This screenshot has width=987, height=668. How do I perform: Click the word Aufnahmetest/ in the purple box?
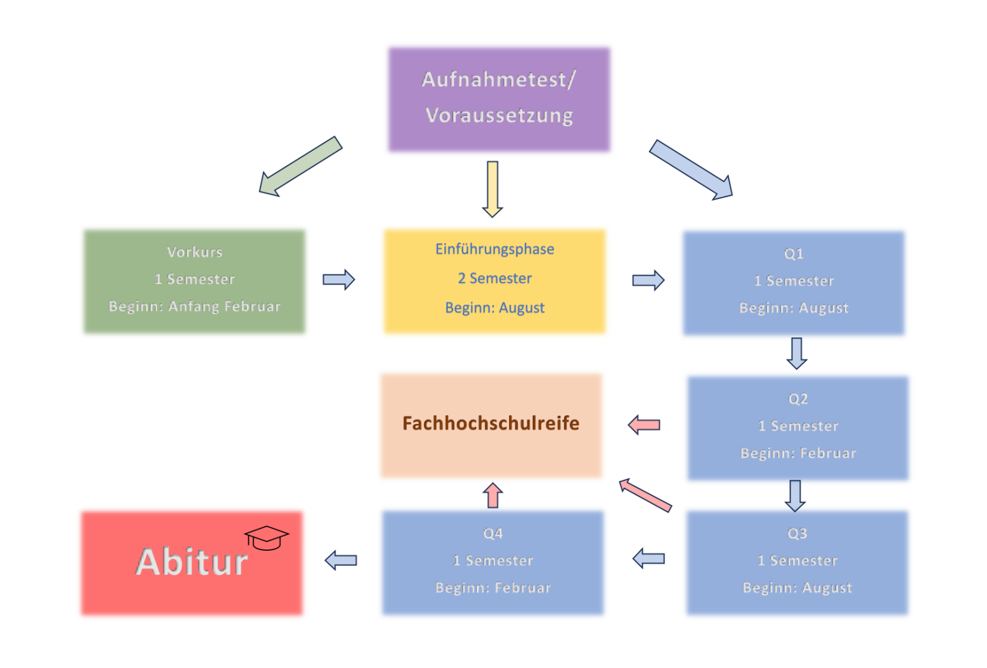point(498,80)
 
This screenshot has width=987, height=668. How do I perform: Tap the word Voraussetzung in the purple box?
point(499,115)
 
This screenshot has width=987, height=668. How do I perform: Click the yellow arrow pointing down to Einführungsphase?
point(493,189)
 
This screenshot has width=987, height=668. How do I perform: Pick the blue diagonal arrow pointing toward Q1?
point(692,170)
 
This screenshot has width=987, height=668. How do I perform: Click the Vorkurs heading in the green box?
point(195,252)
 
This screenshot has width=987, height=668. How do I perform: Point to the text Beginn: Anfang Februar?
point(195,307)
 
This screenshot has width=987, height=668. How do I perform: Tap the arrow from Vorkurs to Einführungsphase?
point(339,279)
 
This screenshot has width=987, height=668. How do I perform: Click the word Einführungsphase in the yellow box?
point(494,249)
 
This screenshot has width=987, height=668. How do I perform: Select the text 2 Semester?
point(494,278)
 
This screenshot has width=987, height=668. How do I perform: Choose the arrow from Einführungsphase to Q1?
point(648,280)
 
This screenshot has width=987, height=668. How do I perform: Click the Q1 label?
point(794,254)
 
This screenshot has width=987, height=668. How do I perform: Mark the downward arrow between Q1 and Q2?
point(797,353)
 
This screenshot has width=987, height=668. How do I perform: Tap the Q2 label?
point(798,399)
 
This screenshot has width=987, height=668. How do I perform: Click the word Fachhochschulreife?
point(491,423)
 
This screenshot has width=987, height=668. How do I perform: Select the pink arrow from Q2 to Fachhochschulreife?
point(644,425)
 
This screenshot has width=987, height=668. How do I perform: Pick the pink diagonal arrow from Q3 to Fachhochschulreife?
point(645,495)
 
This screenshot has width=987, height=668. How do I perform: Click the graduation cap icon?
point(266,538)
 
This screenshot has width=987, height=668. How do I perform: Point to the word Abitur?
point(191,562)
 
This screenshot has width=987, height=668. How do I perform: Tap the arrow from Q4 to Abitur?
point(341,560)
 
